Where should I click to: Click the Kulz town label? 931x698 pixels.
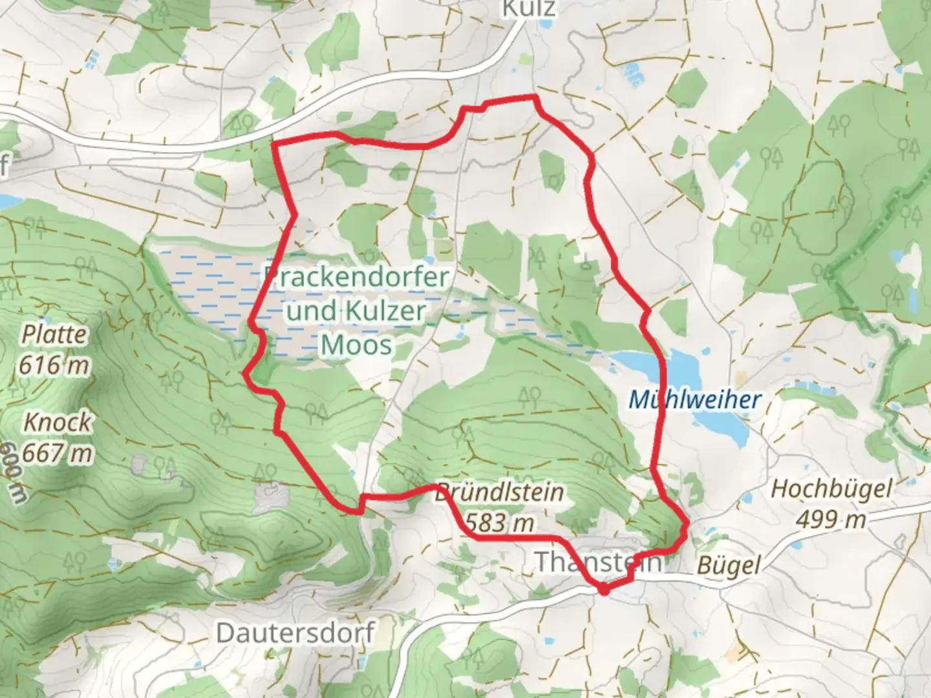click(x=529, y=8)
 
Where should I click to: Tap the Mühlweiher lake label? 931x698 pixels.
click(x=695, y=400)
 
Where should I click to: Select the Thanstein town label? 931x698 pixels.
click(x=598, y=562)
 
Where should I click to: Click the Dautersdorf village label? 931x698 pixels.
click(x=295, y=632)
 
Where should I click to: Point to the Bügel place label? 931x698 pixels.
click(x=728, y=566)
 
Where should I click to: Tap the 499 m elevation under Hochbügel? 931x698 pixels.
click(x=831, y=518)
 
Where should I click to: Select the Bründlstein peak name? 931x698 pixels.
click(x=498, y=493)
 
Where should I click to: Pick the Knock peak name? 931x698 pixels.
click(x=58, y=423)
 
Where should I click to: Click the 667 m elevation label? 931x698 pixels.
click(x=58, y=453)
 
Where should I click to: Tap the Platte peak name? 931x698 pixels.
click(x=54, y=335)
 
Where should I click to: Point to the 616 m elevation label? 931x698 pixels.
click(x=54, y=365)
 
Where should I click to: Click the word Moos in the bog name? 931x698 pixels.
click(x=356, y=344)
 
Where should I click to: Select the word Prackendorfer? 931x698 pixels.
click(x=357, y=278)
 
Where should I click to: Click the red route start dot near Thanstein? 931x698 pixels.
click(x=603, y=589)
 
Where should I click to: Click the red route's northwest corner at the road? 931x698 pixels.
click(x=275, y=143)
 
